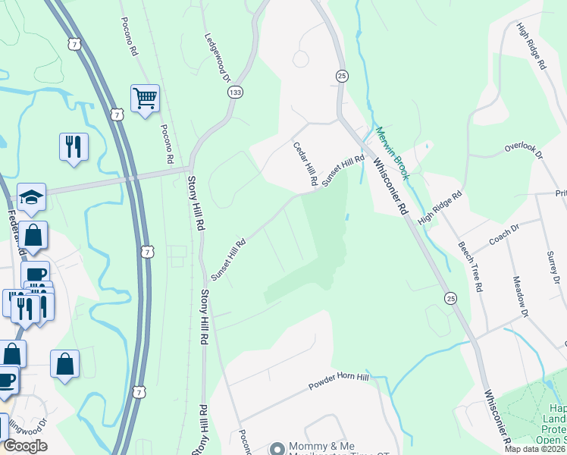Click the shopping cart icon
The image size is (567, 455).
(x=145, y=99)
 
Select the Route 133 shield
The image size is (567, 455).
(x=235, y=91)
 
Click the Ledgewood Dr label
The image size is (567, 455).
(x=216, y=57)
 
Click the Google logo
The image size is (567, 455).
(x=25, y=446)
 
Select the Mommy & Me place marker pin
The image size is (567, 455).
(x=276, y=449)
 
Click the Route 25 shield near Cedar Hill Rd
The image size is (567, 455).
(x=342, y=76)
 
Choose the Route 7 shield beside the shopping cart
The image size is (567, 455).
(x=115, y=114)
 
